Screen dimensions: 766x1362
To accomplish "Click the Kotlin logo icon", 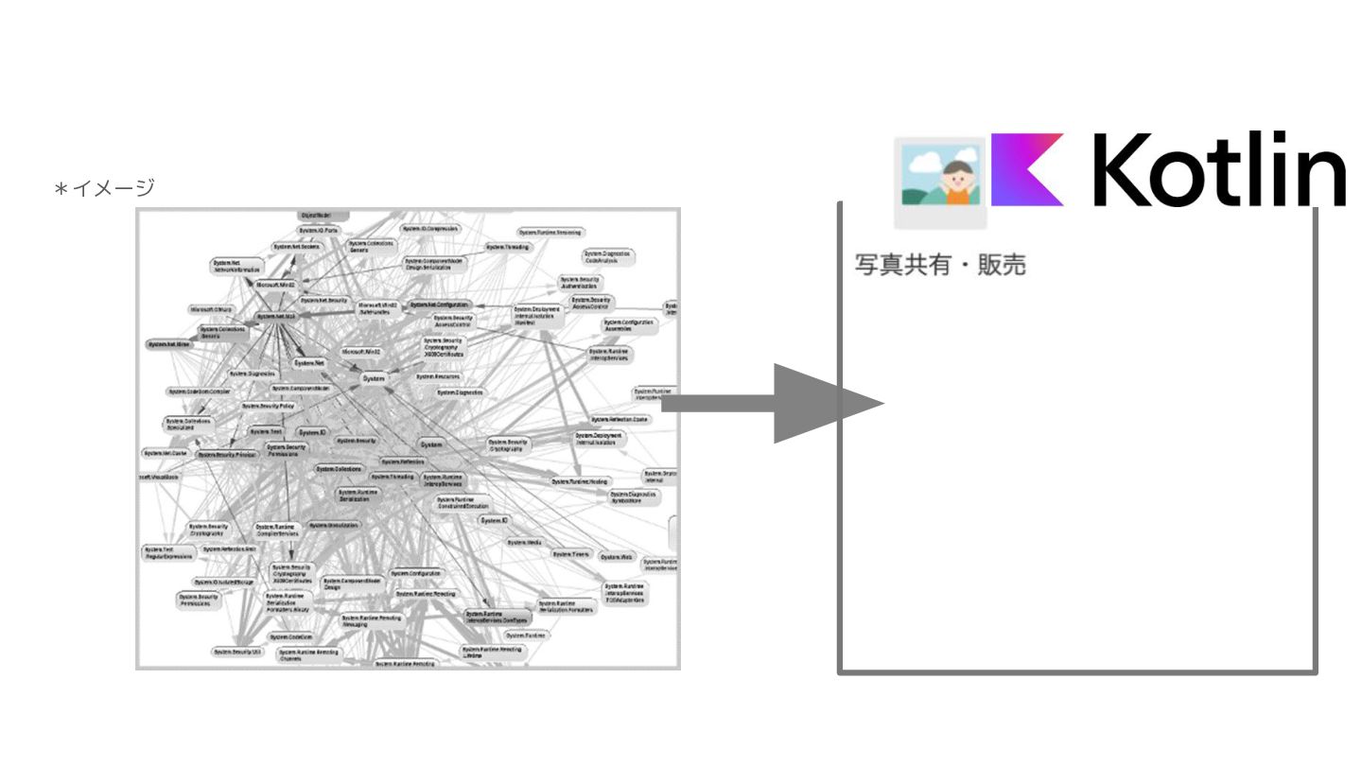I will (1027, 169).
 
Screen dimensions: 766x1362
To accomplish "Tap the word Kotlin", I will (1220, 170).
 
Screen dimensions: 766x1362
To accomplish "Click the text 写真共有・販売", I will (940, 265).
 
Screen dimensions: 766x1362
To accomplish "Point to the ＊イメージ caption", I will (104, 188).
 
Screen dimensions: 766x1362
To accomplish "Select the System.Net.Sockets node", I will (296, 246).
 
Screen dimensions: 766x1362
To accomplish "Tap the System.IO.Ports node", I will (319, 231).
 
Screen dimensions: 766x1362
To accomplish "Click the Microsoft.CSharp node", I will (211, 308).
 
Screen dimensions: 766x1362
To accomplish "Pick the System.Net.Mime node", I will (171, 345).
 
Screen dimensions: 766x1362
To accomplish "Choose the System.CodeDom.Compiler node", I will (200, 391).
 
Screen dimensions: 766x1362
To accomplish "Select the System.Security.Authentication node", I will (581, 283).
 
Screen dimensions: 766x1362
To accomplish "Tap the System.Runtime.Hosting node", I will (579, 481).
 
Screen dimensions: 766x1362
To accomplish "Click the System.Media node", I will (524, 543).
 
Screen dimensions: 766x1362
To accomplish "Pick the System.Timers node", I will (571, 554).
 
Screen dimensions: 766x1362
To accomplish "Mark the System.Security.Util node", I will (236, 652).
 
